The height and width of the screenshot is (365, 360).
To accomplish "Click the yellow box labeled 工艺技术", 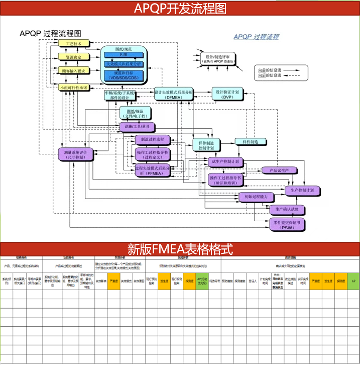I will (74, 44).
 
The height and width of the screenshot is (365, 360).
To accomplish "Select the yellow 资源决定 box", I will (74, 57).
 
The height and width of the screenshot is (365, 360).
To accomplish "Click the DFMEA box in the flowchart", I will (173, 95).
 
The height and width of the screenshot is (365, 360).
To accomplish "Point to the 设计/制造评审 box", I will (217, 59).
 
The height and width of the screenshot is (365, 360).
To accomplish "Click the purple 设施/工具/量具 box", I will (137, 126).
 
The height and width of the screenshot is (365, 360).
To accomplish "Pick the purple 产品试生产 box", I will (280, 170).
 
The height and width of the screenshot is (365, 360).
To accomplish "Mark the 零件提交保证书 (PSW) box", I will (288, 224).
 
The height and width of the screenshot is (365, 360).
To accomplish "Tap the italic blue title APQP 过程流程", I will (256, 37).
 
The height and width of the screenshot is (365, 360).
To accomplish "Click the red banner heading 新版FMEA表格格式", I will (180, 249).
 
